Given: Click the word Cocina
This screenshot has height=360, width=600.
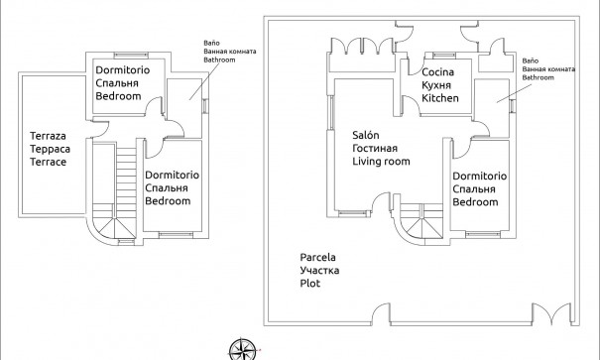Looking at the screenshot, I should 438,73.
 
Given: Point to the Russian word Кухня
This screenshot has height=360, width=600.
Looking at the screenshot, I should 437,86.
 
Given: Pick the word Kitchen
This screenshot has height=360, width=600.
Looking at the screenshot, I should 441,99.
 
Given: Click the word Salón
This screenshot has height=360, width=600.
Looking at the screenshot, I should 366,135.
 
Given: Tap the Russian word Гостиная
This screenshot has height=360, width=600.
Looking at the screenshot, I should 376,148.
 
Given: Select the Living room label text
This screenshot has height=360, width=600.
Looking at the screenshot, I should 381,161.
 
